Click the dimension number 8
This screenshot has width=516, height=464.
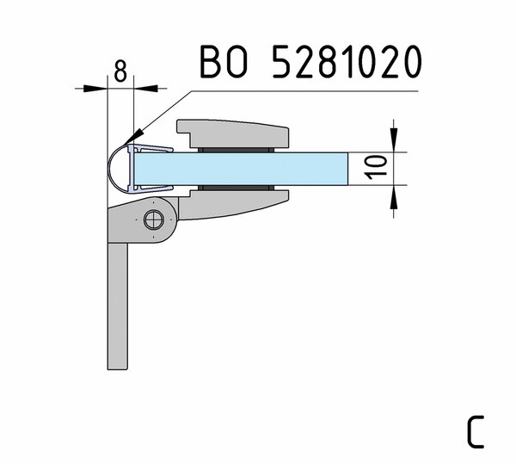pyautogui.click(x=120, y=71)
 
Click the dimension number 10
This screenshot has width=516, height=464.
pyautogui.click(x=377, y=167)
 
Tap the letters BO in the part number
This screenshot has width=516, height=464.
pyautogui.click(x=224, y=62)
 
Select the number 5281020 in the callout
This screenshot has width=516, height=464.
pyautogui.click(x=347, y=62)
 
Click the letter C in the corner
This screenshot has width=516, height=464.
pyautogui.click(x=476, y=431)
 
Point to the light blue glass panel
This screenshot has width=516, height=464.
pyautogui.click(x=241, y=169)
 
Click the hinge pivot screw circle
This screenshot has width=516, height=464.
pyautogui.click(x=154, y=220)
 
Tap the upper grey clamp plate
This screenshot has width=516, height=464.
pyautogui.click(x=233, y=133)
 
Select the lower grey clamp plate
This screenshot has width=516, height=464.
pyautogui.click(x=234, y=205)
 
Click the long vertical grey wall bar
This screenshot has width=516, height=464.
pyautogui.click(x=118, y=306)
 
